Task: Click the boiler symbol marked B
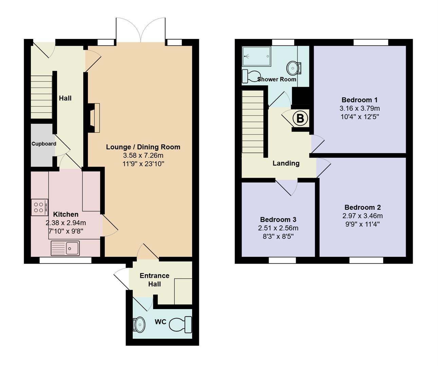(x=300, y=119)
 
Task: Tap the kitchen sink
(x=65, y=248)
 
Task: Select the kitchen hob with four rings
(x=39, y=207)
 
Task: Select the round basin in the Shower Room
(x=293, y=68)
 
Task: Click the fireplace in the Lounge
(x=94, y=118)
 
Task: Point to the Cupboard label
(x=44, y=144)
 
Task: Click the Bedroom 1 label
(x=359, y=100)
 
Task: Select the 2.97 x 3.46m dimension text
(x=362, y=216)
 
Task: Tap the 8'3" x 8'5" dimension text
(x=278, y=237)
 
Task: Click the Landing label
(x=286, y=163)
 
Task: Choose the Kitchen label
(x=66, y=214)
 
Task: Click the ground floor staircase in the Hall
(x=41, y=97)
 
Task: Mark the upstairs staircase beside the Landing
(x=253, y=122)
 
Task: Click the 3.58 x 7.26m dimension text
(x=143, y=156)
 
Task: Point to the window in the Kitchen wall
(x=65, y=260)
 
